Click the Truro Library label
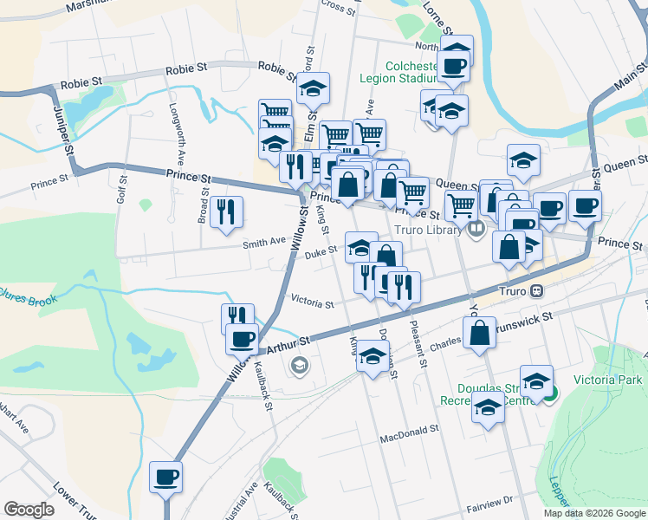pos(431,231)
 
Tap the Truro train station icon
pos(537,291)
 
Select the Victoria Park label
pos(612,380)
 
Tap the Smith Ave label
pos(264,242)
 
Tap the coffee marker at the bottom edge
pos(166,476)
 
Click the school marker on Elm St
pos(313,88)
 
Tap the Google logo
pos(29,510)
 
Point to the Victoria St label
pos(312,304)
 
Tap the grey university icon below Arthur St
pos(300,365)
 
